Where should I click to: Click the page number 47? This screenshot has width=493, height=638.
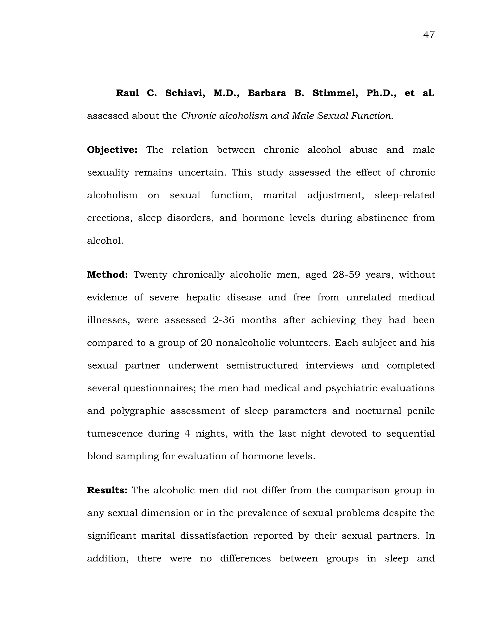[429, 35]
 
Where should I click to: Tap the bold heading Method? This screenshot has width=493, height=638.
[107, 275]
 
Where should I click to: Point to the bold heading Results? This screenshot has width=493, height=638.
[107, 490]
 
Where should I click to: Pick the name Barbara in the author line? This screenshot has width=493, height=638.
[267, 93]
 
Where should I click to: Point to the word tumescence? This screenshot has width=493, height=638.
[115, 434]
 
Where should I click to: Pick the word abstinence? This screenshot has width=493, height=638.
[382, 218]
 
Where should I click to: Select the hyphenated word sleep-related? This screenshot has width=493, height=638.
[404, 195]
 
